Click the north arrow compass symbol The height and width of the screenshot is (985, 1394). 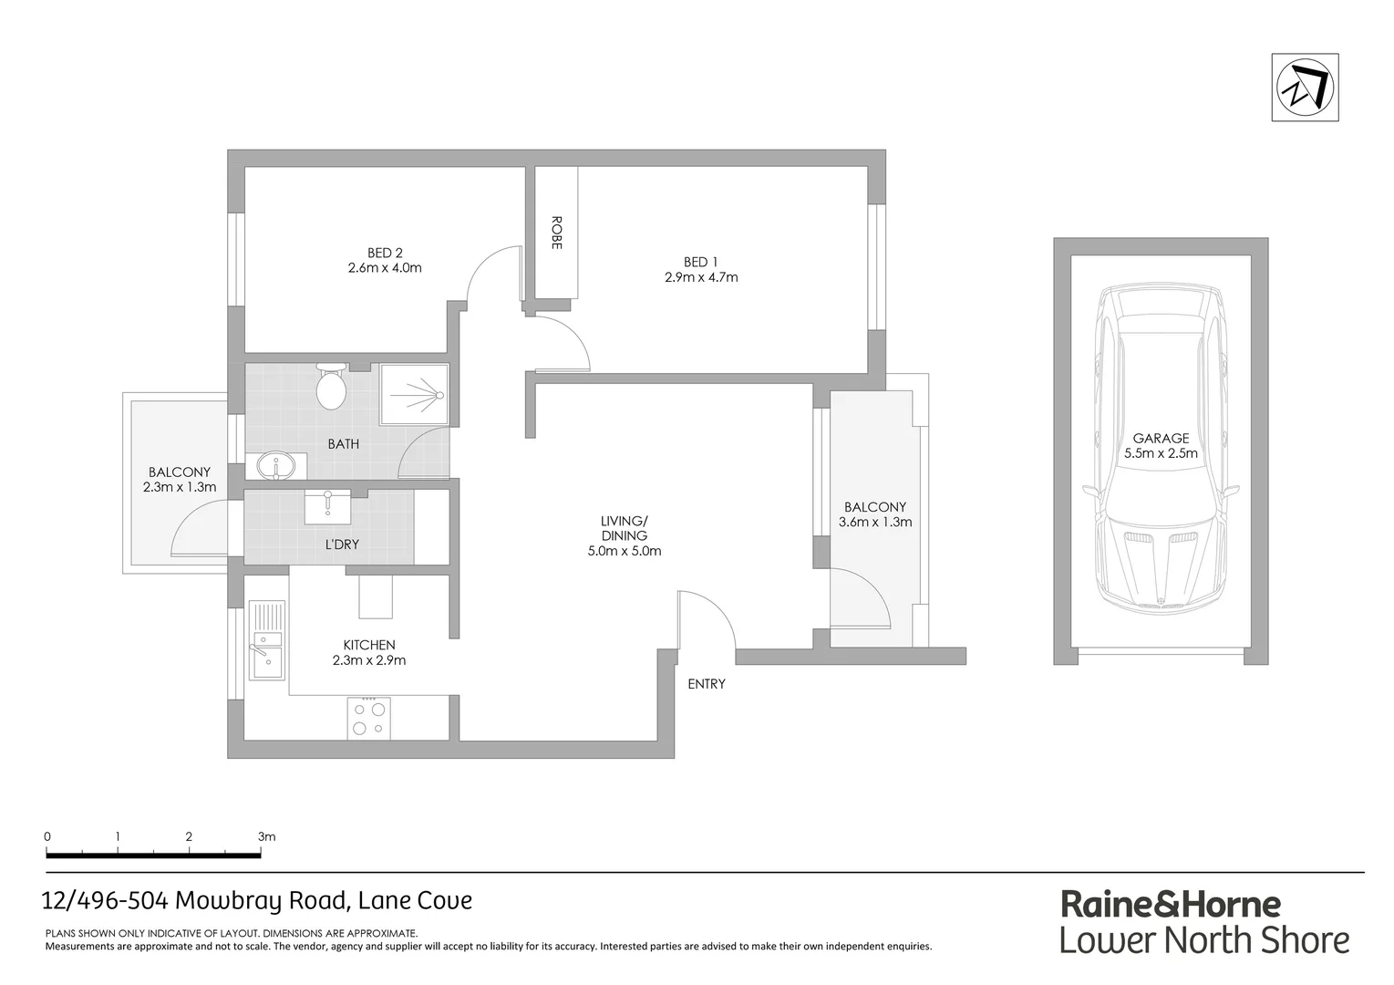point(1305,88)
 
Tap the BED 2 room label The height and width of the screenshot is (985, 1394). point(385,253)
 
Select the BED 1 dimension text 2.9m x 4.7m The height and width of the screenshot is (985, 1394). point(700,276)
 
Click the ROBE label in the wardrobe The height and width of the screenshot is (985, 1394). point(556,233)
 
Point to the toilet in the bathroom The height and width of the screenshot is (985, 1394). point(330,389)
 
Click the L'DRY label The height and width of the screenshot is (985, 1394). point(342,544)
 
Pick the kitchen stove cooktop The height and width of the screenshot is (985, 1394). point(369,718)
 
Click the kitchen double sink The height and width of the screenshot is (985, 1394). point(266,640)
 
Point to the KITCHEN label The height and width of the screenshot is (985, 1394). point(369,645)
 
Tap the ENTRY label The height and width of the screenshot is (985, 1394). point(707,683)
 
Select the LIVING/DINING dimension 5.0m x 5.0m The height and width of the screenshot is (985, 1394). point(625,551)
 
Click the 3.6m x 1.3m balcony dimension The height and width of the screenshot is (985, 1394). point(874,523)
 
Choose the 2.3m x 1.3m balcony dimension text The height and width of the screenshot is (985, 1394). point(180,487)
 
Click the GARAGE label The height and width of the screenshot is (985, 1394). point(1161,438)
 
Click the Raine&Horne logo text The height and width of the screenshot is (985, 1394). point(1171,905)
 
